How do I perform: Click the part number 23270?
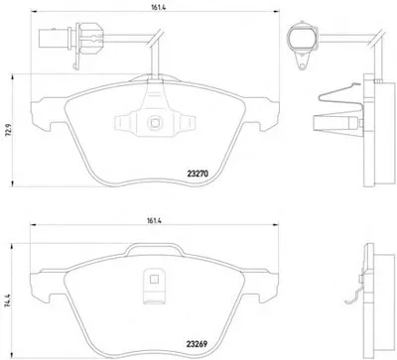click(x=198, y=174)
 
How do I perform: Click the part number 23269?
click(x=198, y=344)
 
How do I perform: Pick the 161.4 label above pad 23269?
click(x=154, y=221)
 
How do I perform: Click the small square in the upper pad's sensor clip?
click(x=155, y=123)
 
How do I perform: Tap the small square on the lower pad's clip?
click(x=154, y=280)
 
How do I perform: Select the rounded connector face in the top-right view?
click(x=302, y=38)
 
